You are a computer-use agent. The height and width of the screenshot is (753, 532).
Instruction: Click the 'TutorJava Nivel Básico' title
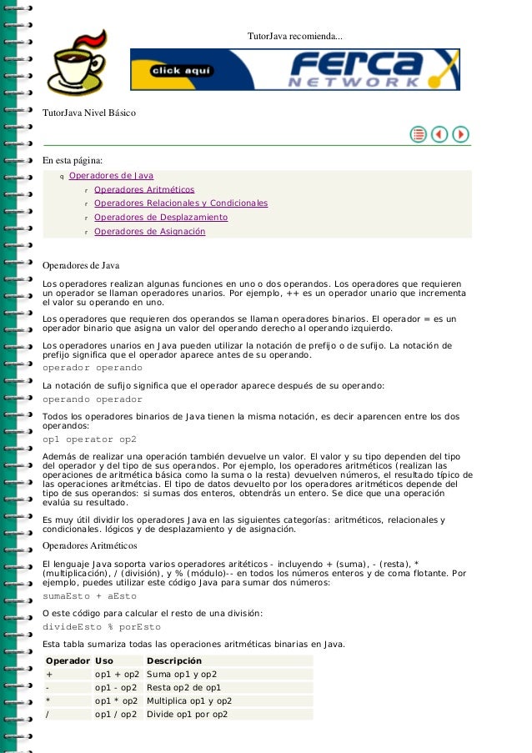pos(89,113)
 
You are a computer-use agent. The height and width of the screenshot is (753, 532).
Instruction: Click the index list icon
pos(418,134)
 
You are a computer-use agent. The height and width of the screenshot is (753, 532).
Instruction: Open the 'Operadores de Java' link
pos(111,176)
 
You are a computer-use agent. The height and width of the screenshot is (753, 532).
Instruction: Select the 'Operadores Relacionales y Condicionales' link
pos(180,203)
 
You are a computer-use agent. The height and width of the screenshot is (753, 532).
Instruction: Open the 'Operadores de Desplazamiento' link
pos(160,218)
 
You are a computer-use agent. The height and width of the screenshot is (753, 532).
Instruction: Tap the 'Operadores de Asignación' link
pos(149,232)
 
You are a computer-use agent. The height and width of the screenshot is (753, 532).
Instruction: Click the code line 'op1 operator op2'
pos(89,439)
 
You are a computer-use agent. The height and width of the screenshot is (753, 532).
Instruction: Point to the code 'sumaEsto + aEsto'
pos(89,597)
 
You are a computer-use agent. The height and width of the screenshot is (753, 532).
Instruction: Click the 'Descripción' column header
pos(174,660)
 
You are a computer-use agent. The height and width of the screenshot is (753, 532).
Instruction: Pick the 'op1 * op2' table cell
pos(117,701)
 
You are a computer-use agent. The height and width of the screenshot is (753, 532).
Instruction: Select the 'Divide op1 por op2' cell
pos(187,715)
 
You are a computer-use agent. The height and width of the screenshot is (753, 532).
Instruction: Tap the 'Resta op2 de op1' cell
pos(183,688)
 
